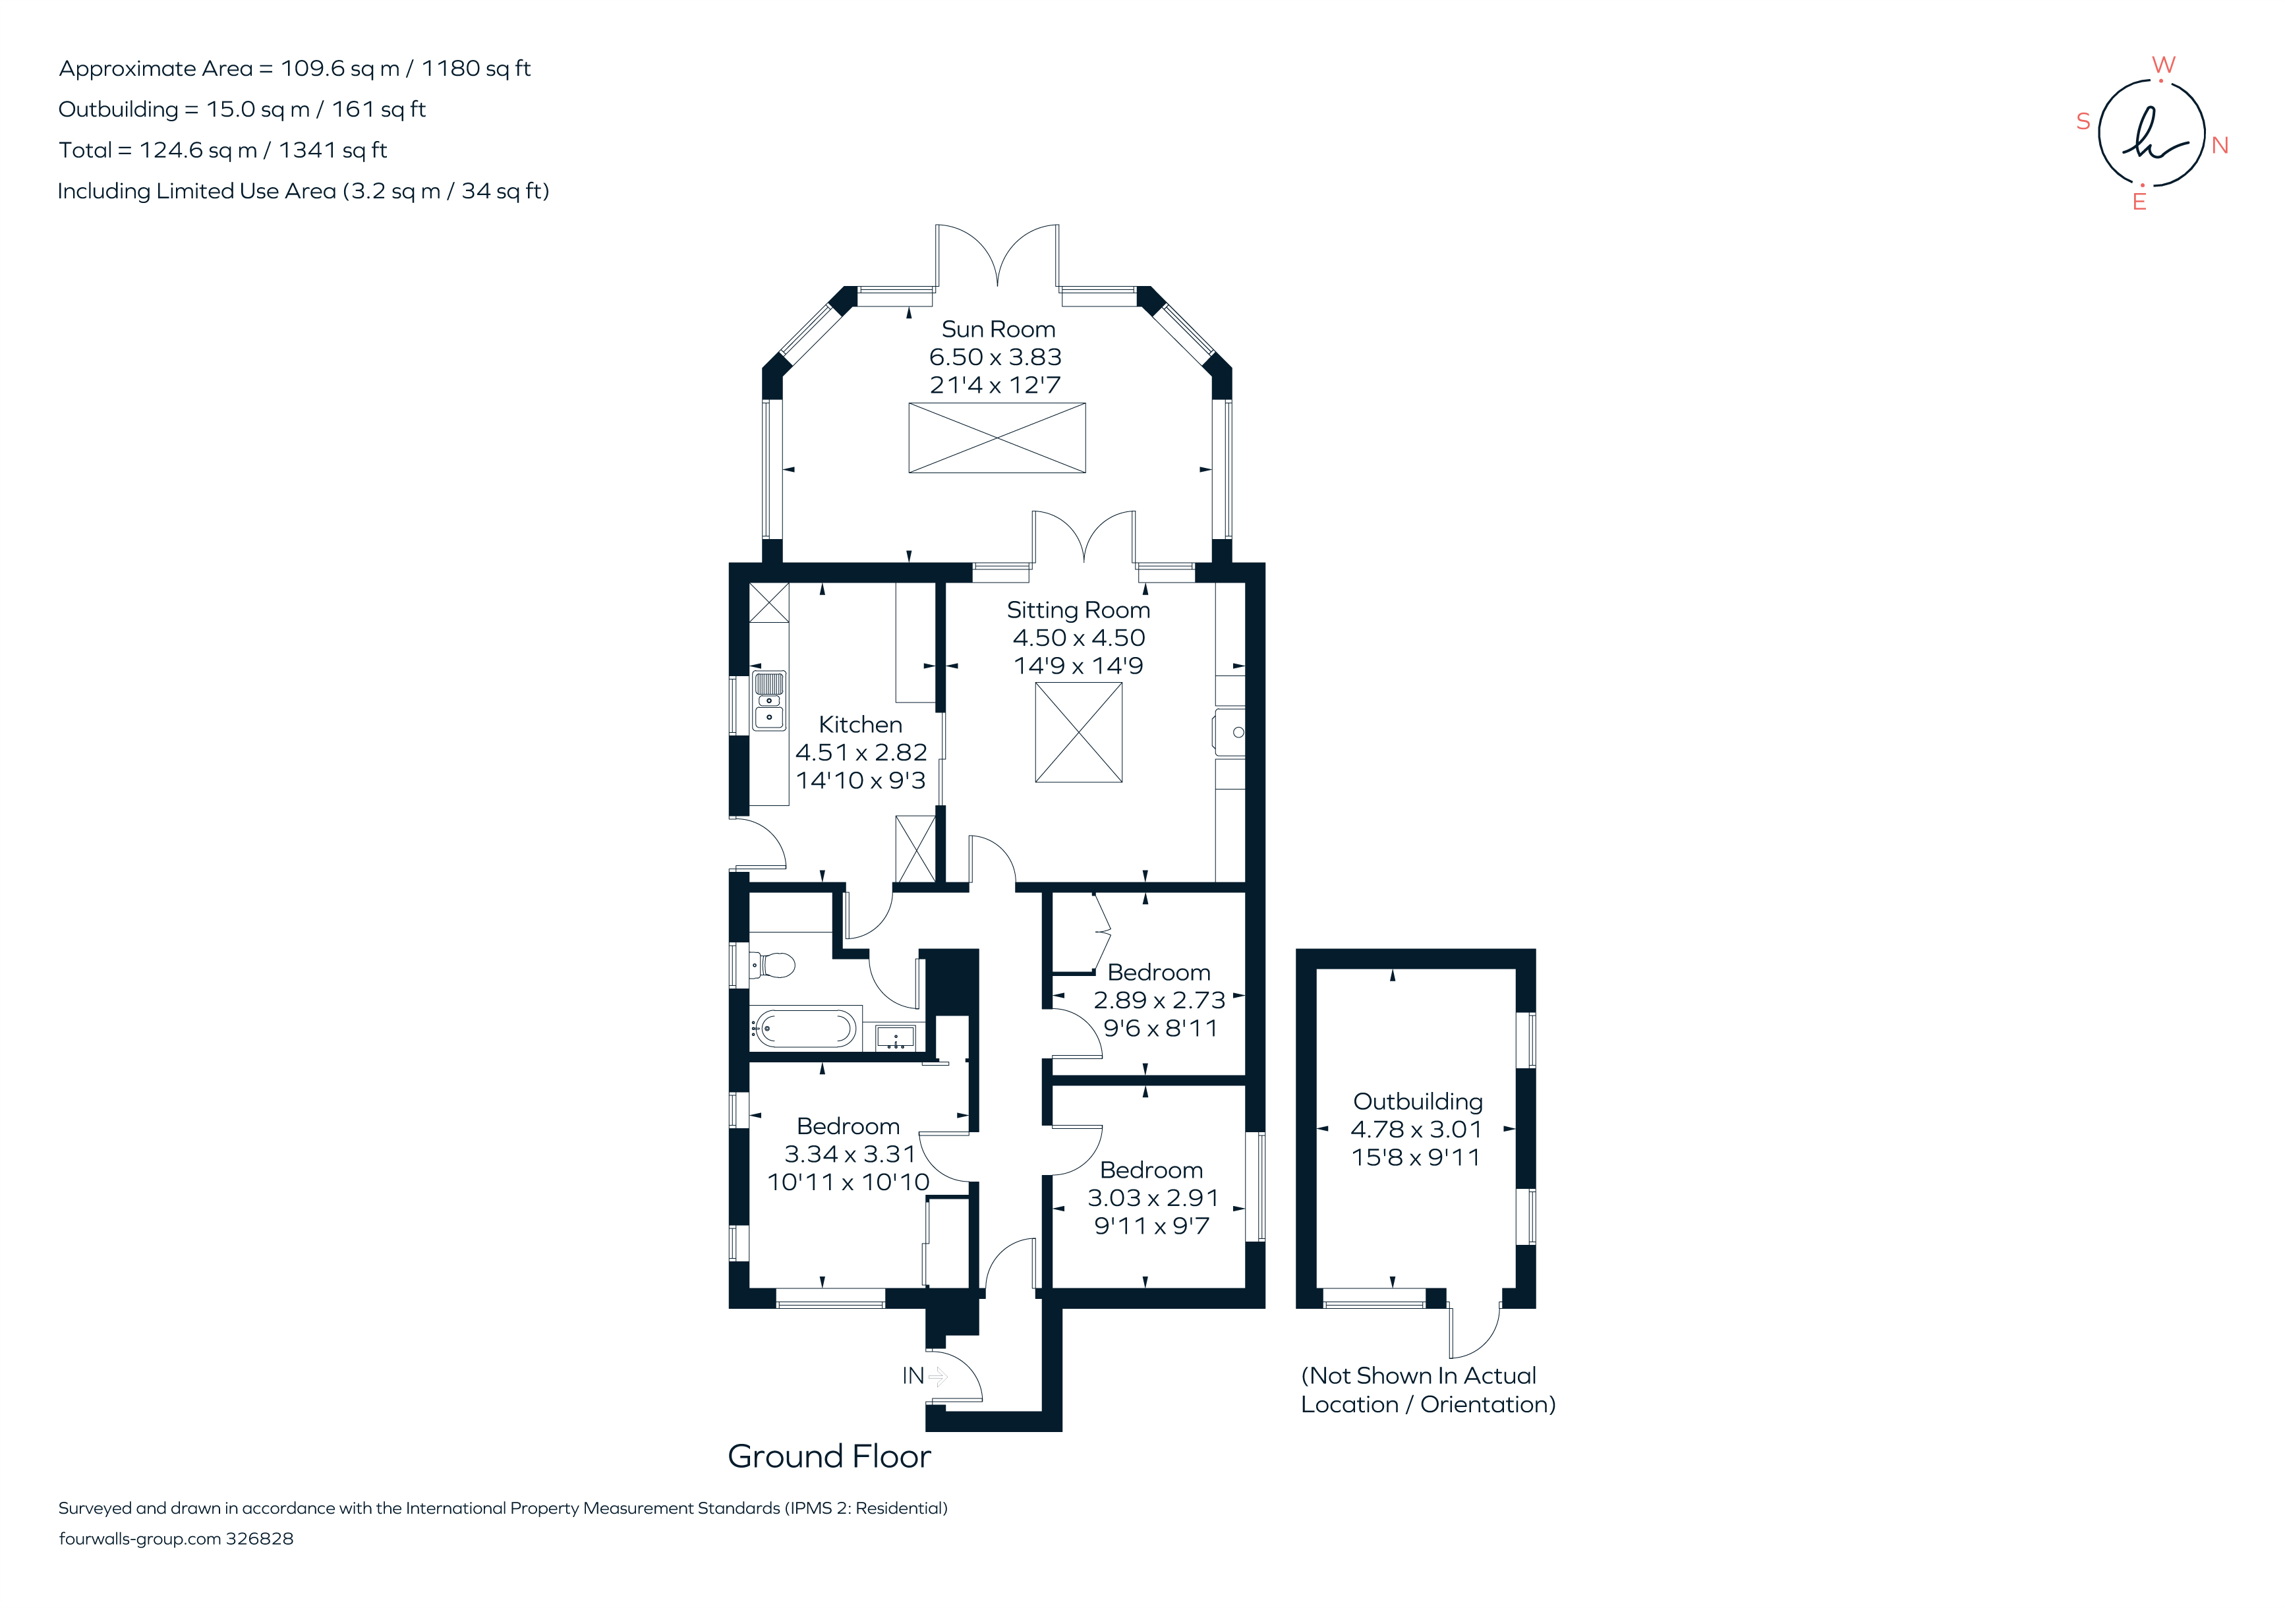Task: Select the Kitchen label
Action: tap(860, 724)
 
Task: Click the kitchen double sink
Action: tap(768, 701)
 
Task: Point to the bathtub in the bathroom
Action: tap(803, 1029)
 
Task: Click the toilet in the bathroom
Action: tap(773, 964)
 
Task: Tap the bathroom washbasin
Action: tap(895, 1037)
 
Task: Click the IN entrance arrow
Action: tap(937, 1376)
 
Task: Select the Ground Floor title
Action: tap(829, 1456)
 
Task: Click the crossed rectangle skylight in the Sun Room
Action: tap(997, 438)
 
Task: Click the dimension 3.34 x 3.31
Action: tap(849, 1154)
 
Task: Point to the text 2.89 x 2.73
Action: tap(1159, 1000)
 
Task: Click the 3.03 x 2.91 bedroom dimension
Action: tap(1153, 1198)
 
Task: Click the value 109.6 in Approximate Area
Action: tap(312, 69)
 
